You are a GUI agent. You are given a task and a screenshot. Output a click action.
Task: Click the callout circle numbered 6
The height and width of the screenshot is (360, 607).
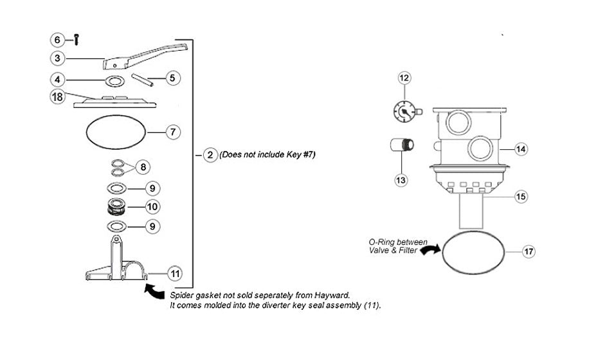coord(57,39)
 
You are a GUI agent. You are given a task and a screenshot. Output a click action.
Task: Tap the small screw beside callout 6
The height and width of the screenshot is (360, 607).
coord(75,39)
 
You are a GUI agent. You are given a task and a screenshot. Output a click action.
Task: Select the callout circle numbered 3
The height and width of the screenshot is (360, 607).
coord(57,59)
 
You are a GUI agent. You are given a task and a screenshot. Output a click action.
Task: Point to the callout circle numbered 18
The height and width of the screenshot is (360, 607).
coord(57,96)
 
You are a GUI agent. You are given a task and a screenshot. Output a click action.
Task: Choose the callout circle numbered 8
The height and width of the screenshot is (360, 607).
coord(143,166)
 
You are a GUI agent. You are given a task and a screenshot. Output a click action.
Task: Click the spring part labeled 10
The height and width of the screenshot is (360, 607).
coord(116,207)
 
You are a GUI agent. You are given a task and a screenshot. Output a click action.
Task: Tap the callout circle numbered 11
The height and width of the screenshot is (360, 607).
coord(174,273)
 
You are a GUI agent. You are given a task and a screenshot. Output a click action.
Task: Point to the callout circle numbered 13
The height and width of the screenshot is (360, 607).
coord(401,180)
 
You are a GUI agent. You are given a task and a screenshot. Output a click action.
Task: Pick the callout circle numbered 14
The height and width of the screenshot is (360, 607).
coord(521,149)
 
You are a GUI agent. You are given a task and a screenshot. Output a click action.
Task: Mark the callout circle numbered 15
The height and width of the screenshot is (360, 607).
coord(520,196)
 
